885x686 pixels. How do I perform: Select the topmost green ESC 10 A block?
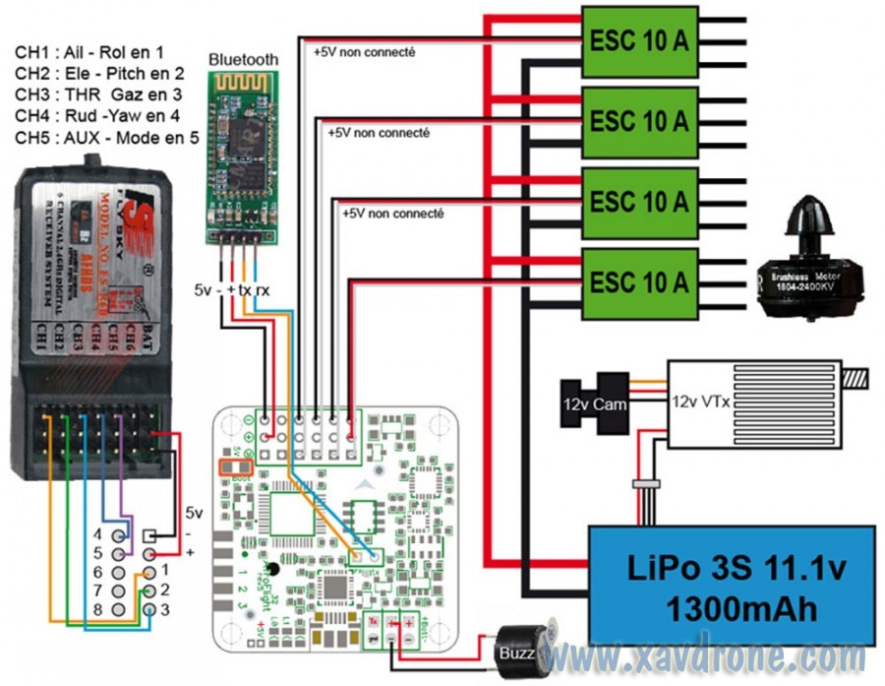point(639,41)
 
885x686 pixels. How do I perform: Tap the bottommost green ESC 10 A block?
point(639,282)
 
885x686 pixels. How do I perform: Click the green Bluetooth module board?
point(242,157)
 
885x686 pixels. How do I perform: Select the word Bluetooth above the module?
point(243,60)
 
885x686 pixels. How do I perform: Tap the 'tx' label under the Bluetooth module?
point(245,290)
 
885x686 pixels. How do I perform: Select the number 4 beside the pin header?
point(97,534)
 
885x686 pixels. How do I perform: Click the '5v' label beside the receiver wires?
point(195,512)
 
